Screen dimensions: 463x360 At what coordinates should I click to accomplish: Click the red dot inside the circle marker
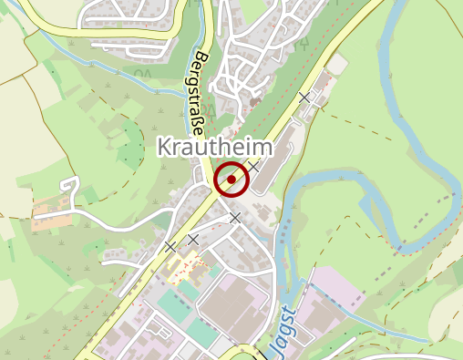click(231, 180)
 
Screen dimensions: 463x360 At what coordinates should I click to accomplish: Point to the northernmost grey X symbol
click(305, 96)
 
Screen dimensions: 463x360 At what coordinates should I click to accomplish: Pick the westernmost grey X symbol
click(170, 247)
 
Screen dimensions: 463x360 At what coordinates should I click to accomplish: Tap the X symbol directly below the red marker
click(235, 218)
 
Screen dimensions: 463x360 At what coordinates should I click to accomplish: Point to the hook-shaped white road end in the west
click(71, 188)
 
